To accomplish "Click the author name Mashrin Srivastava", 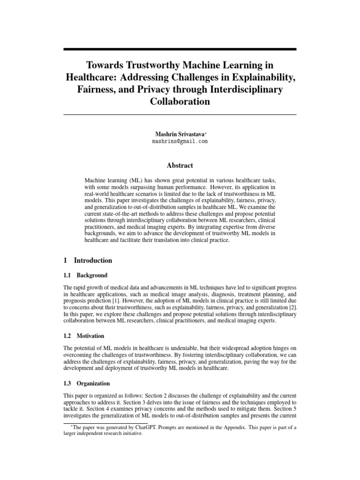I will (179, 133).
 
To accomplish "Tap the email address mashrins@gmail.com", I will (180, 141).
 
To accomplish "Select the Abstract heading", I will (180, 165).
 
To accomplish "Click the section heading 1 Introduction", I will (88, 261).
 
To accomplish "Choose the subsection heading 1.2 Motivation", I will (83, 336).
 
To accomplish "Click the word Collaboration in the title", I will (180, 101).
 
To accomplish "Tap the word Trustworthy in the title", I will (154, 64).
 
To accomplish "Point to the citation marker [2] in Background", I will (292, 307).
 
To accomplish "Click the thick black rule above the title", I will (180, 49).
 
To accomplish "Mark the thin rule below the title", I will (180, 115).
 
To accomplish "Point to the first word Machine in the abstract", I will (95, 180).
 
